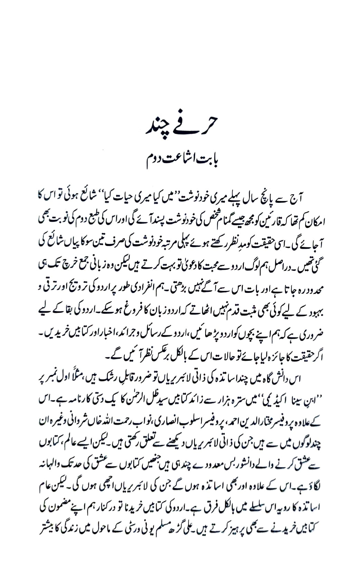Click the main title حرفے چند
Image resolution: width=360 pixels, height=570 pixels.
(180, 127)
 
